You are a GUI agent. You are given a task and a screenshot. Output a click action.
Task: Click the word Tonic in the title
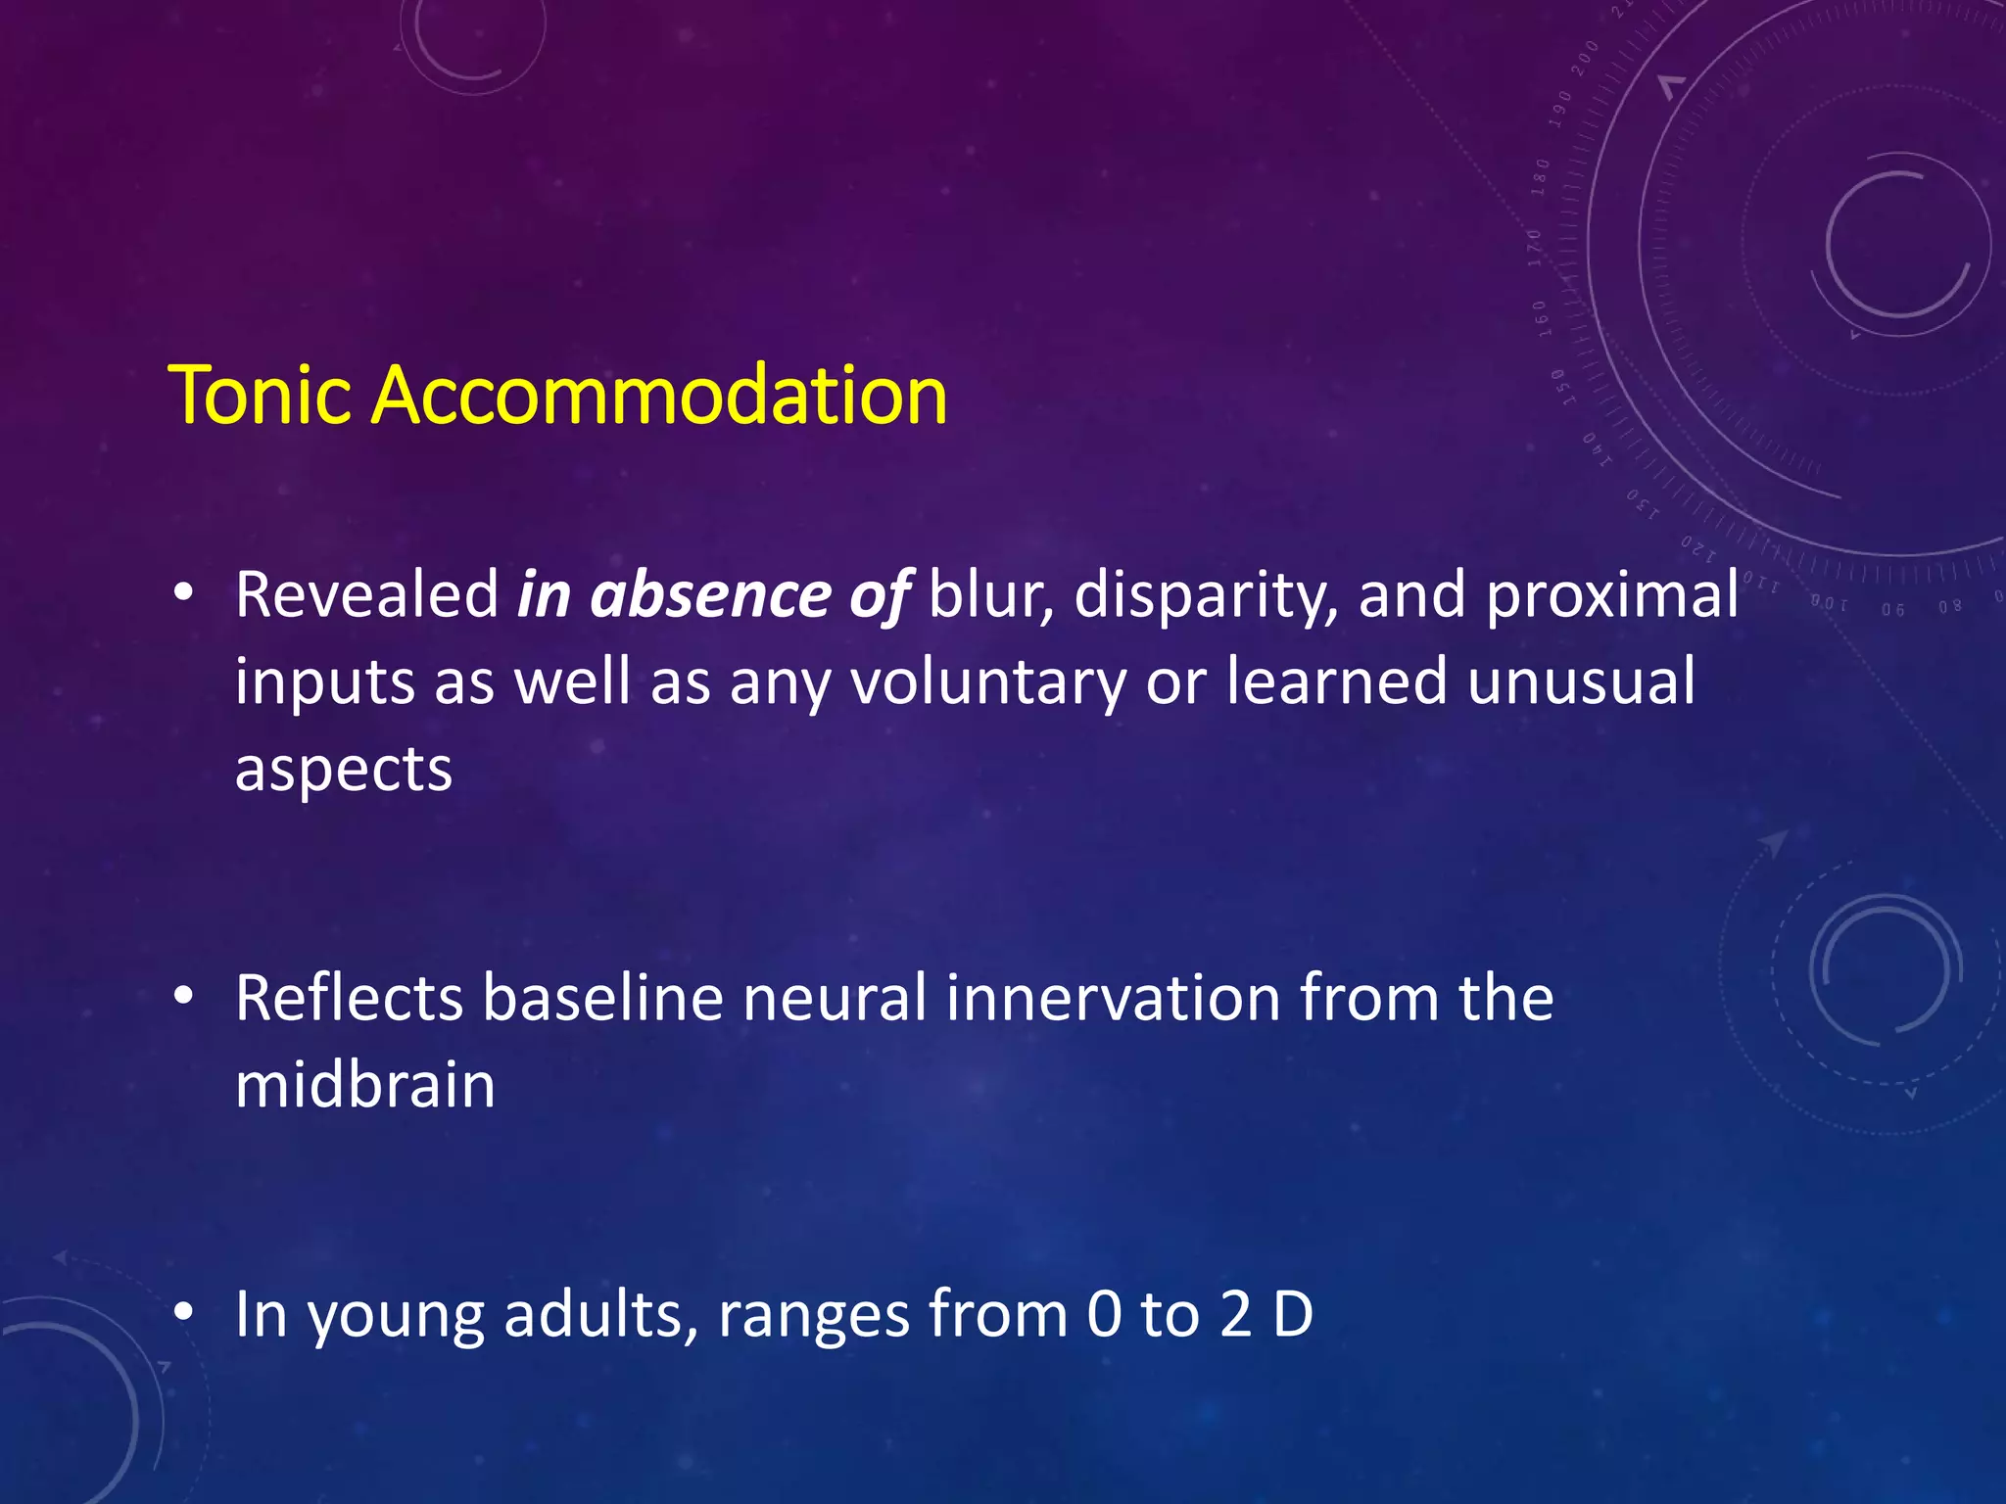(260, 396)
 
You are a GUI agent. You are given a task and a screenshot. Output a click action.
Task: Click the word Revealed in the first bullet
(367, 594)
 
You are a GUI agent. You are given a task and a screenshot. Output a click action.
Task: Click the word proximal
(1612, 596)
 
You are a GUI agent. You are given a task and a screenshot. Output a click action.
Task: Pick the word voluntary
(988, 682)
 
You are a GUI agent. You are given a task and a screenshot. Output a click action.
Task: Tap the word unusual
(1581, 682)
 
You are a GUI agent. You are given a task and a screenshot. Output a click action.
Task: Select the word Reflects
(349, 999)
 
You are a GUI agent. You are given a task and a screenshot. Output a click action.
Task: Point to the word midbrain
(365, 1085)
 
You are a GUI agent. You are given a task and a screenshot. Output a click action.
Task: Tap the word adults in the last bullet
(601, 1314)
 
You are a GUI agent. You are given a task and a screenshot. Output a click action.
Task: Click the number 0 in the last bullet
(1104, 1314)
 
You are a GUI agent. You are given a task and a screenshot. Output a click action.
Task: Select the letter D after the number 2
(1293, 1314)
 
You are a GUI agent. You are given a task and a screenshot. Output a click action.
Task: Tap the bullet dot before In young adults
(183, 1312)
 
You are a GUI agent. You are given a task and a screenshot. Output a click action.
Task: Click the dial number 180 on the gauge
(1541, 177)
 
